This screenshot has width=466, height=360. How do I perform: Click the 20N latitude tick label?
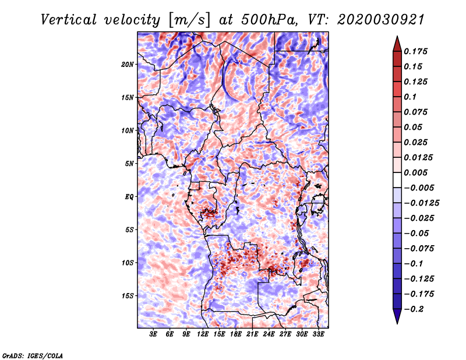[x=128, y=64]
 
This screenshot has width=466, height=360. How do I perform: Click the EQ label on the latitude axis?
[x=130, y=196]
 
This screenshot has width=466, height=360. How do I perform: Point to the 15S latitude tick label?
[x=128, y=295]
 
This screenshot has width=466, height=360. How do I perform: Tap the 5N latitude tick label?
[x=129, y=164]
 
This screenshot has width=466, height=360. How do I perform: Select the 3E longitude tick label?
[x=154, y=334]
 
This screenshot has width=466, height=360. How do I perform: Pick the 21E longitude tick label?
[x=253, y=334]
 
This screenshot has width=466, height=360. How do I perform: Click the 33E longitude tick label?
[x=319, y=334]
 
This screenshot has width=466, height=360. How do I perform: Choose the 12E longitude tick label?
[x=203, y=334]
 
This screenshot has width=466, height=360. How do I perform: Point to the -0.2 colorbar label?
[x=416, y=309]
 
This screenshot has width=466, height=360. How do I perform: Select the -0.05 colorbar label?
[x=416, y=233]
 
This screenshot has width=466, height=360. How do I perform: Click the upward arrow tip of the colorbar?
[x=397, y=37]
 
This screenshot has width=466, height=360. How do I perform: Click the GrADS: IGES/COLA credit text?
[x=32, y=355]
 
